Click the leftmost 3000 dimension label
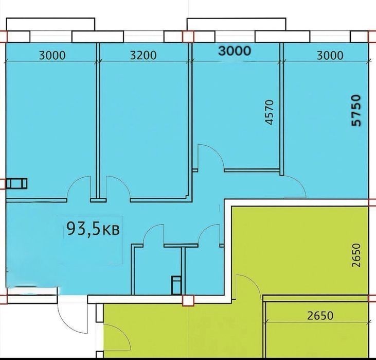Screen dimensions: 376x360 [52, 56]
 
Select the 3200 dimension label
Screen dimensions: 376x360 [144, 56]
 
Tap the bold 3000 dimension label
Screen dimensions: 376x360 [235, 51]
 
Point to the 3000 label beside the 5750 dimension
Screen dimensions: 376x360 [330, 56]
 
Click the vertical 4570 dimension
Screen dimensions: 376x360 [270, 112]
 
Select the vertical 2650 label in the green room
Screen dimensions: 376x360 [356, 255]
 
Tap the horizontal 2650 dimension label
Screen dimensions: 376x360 [320, 316]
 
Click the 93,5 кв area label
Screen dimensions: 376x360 [93, 229]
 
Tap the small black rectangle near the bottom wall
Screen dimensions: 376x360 [176, 285]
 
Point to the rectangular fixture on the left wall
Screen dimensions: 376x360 [16, 183]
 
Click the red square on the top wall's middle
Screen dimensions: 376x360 [188, 37]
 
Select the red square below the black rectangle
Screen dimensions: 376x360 [188, 300]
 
